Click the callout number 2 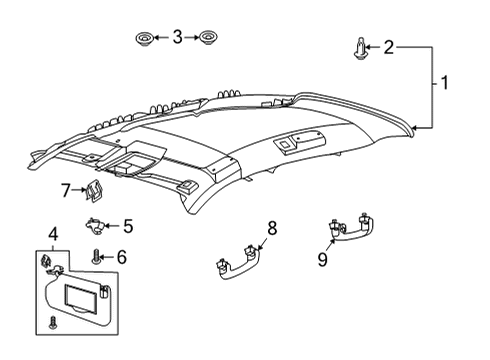[x=389, y=46]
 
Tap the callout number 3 [x=177, y=38]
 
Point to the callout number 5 [x=127, y=226]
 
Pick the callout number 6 [x=121, y=257]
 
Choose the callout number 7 [x=66, y=189]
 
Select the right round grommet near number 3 [x=209, y=39]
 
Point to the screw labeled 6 [x=97, y=258]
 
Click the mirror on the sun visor [x=84, y=298]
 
